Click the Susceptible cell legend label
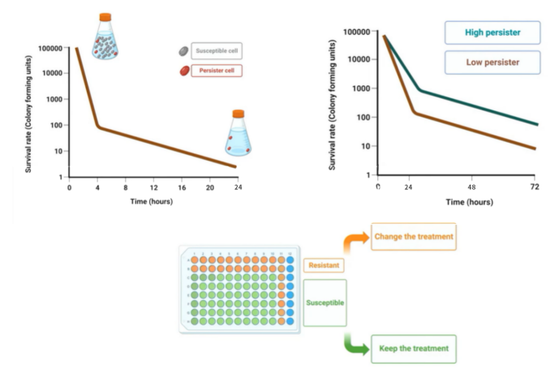coord(217,50)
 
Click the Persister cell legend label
coord(216,70)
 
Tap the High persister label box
coord(492,33)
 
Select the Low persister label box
coord(492,62)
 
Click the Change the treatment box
coord(414,236)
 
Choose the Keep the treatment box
coord(413,350)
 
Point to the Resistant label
coord(324,265)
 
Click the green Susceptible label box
coord(325,301)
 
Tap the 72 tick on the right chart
coord(535,187)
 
